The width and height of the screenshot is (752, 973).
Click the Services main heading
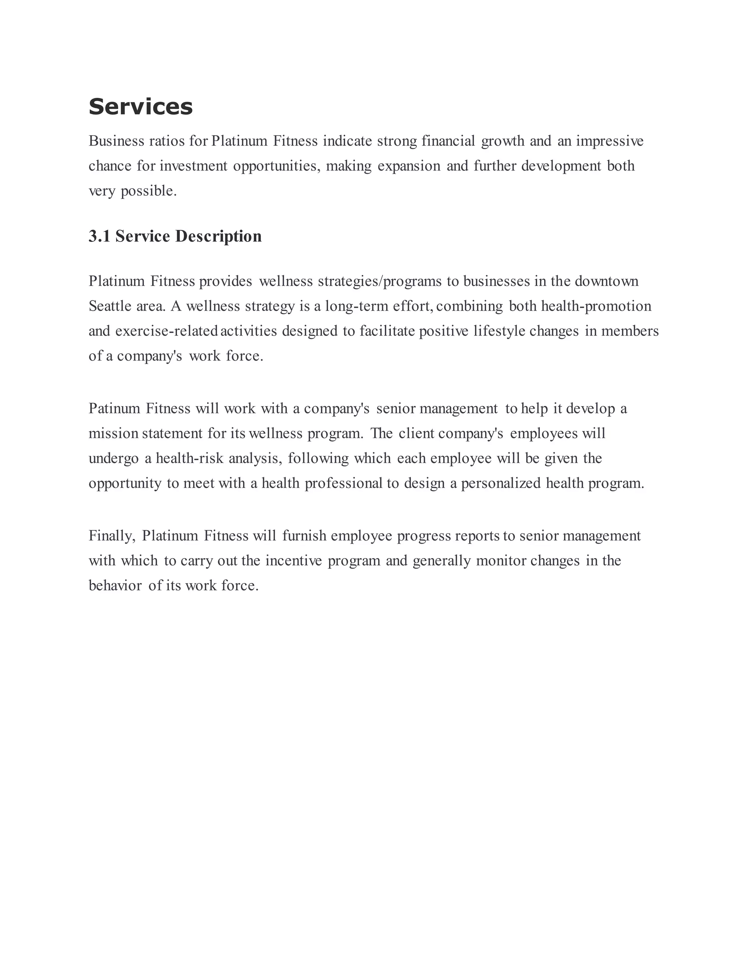[140, 107]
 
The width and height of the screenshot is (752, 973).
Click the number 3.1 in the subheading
[99, 236]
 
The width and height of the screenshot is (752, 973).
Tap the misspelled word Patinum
[115, 409]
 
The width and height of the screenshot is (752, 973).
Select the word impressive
[610, 141]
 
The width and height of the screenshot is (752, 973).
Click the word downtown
[606, 281]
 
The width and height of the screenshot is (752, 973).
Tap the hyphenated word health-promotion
[596, 306]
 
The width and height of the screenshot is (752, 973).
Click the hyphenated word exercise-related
[166, 331]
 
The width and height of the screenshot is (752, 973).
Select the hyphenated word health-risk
[189, 459]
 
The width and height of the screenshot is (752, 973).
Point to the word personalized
[501, 484]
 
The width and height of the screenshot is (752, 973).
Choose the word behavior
[115, 585]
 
